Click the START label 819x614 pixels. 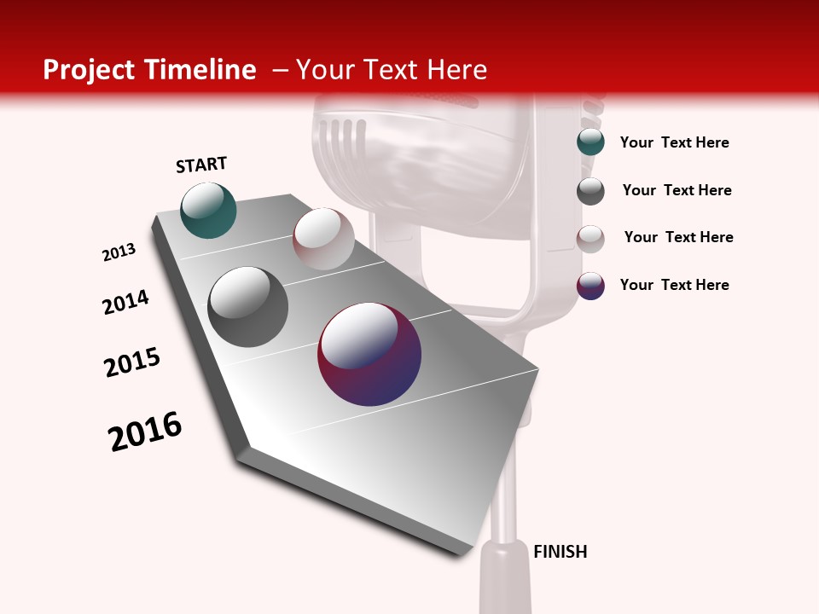tap(201, 165)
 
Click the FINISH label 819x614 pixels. tap(560, 552)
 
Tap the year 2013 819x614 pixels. tap(119, 252)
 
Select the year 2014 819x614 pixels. tap(126, 302)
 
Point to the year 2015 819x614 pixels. tap(132, 362)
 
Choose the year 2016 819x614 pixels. tap(145, 432)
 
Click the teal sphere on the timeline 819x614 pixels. tap(208, 210)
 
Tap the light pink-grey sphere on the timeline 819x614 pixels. tap(323, 239)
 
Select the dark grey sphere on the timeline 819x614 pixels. tap(248, 306)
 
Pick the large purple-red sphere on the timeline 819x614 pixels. tap(369, 354)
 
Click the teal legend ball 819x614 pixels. tap(590, 142)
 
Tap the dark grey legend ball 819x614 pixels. tap(590, 191)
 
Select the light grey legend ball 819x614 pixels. tap(590, 239)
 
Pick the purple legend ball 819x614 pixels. tap(590, 286)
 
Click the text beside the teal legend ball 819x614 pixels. tap(674, 142)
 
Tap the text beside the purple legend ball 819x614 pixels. tap(674, 285)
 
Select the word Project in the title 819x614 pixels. tap(89, 70)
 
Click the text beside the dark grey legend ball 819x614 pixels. tap(677, 190)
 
